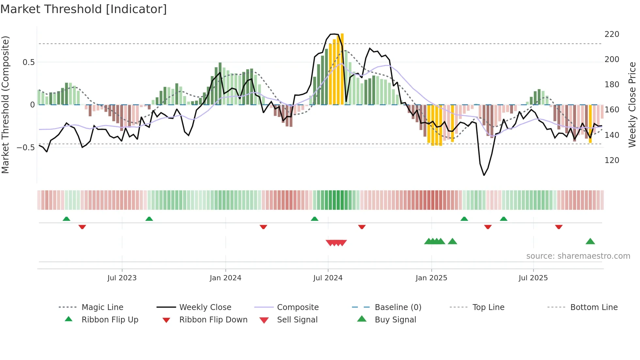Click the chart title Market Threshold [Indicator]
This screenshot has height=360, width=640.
(84, 9)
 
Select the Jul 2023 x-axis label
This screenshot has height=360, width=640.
(122, 278)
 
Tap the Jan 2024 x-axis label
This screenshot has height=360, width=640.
(225, 278)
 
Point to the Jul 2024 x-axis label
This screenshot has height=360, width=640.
(328, 278)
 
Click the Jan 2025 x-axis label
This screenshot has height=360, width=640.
(431, 278)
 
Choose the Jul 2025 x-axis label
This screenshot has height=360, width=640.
(533, 278)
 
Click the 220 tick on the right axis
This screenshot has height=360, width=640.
(612, 34)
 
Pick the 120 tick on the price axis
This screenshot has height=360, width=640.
(612, 160)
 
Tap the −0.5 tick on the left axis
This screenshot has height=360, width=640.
(26, 148)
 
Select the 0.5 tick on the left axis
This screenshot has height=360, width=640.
(28, 62)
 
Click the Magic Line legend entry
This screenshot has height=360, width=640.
(102, 307)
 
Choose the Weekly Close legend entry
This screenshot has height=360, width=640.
(205, 307)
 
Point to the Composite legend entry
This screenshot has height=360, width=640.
(298, 307)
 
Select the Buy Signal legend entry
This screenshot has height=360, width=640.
(395, 320)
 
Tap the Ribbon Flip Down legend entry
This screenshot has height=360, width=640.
(213, 320)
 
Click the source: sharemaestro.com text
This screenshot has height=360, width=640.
(578, 256)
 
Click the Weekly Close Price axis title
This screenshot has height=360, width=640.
(632, 105)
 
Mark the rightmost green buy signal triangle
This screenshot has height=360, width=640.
(590, 242)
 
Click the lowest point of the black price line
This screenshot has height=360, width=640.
(484, 175)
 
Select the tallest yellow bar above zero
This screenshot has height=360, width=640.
(342, 69)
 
